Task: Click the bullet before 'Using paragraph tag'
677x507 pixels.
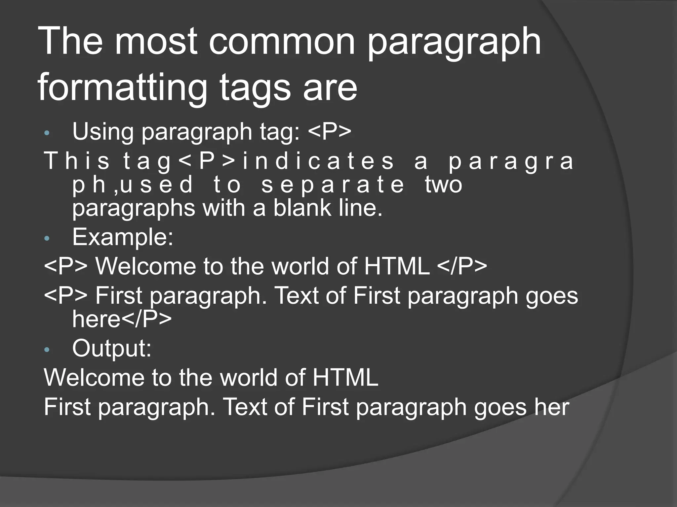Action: tap(47, 133)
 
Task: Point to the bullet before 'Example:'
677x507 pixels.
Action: tap(47, 238)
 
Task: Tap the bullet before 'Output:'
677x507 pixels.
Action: tap(47, 350)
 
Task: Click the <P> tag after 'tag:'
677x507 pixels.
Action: tap(330, 131)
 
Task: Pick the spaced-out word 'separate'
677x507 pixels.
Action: tap(333, 185)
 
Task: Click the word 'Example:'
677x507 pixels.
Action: tap(123, 237)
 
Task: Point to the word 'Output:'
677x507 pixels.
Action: tap(112, 348)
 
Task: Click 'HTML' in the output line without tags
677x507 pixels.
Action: tap(345, 378)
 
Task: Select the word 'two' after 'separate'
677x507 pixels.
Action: tap(444, 185)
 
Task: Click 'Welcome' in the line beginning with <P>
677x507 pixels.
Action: tap(145, 266)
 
